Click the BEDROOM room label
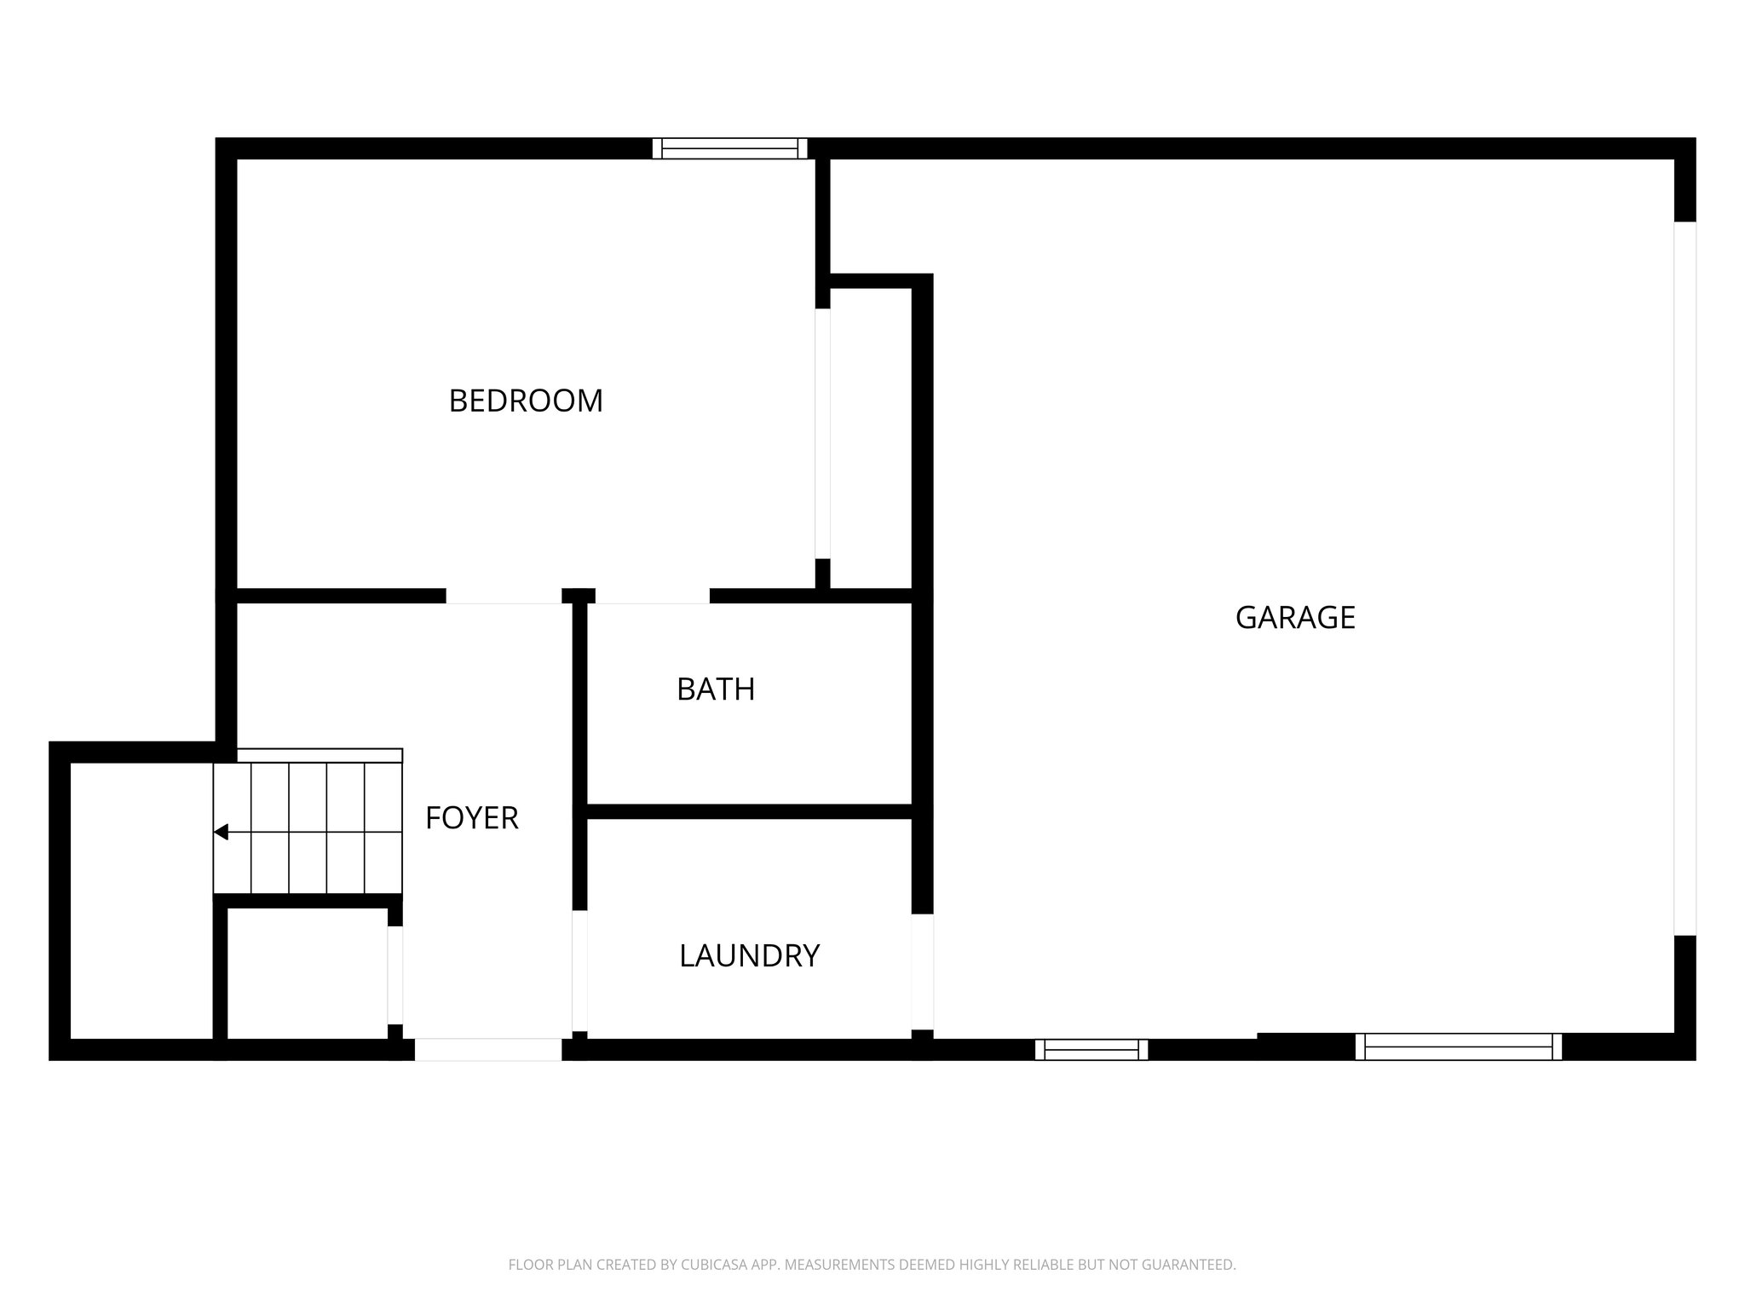(x=526, y=401)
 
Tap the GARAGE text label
(x=1294, y=618)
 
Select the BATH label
(x=716, y=689)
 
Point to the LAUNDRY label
(x=749, y=956)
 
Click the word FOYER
(x=471, y=818)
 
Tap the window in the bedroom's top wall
(x=729, y=148)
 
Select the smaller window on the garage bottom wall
(x=1091, y=1049)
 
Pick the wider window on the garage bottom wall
(x=1458, y=1047)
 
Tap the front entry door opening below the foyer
(x=488, y=1049)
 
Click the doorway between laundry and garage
(x=922, y=972)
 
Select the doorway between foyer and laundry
(x=579, y=971)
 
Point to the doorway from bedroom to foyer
(x=504, y=596)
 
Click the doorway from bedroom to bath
(x=652, y=596)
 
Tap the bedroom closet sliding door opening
(x=822, y=433)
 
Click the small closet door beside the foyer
(x=394, y=975)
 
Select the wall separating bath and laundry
(x=750, y=811)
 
